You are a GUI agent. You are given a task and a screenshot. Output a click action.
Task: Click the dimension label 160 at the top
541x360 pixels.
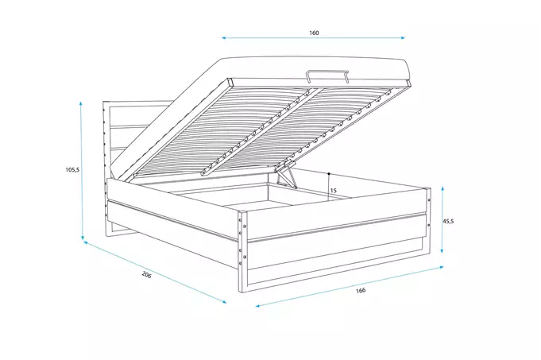click(x=313, y=33)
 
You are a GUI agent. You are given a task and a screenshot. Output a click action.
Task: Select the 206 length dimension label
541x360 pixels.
click(x=146, y=275)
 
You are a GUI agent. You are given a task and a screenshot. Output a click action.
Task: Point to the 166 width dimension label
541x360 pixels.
click(x=361, y=291)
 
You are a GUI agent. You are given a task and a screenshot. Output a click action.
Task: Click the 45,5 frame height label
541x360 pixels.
click(x=448, y=222)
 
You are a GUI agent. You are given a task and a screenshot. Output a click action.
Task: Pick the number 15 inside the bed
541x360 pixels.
click(x=333, y=191)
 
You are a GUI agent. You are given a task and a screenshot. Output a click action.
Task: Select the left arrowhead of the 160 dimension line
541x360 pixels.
click(x=224, y=37)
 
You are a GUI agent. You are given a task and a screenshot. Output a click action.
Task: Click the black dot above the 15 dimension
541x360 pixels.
click(x=328, y=172)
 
